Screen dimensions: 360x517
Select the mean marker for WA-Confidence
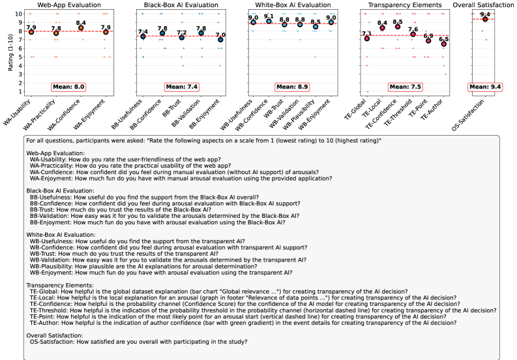[x=80, y=28]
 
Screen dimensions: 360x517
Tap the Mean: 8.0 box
[x=68, y=86]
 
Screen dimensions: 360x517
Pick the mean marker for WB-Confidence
[x=269, y=22]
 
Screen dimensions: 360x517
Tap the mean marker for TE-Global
[x=367, y=38]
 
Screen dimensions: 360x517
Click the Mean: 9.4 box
[x=484, y=86]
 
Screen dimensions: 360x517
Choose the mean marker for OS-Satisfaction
[x=484, y=19]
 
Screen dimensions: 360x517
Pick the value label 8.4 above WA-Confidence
[x=81, y=22]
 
